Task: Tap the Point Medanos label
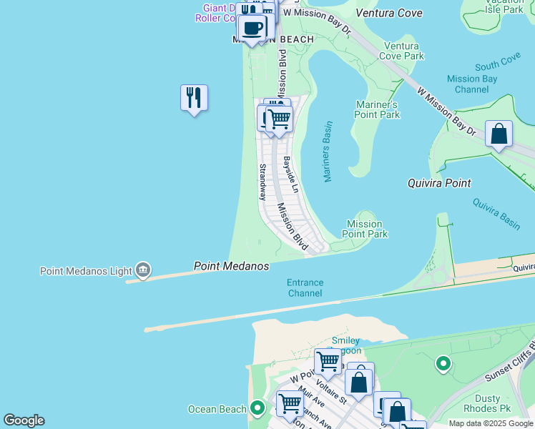click(x=231, y=266)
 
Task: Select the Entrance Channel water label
click(x=305, y=287)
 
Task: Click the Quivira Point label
click(x=438, y=183)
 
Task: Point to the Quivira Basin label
click(x=496, y=213)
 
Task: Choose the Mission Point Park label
click(x=365, y=229)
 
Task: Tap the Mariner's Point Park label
click(x=378, y=109)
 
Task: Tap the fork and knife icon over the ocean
click(x=194, y=97)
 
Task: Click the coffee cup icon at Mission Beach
click(x=252, y=28)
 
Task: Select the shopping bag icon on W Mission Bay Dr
click(x=499, y=134)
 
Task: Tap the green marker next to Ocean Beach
click(x=257, y=409)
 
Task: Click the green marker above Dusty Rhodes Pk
click(x=443, y=365)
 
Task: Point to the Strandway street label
click(x=262, y=182)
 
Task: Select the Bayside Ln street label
click(x=290, y=174)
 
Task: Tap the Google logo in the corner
click(x=24, y=420)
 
